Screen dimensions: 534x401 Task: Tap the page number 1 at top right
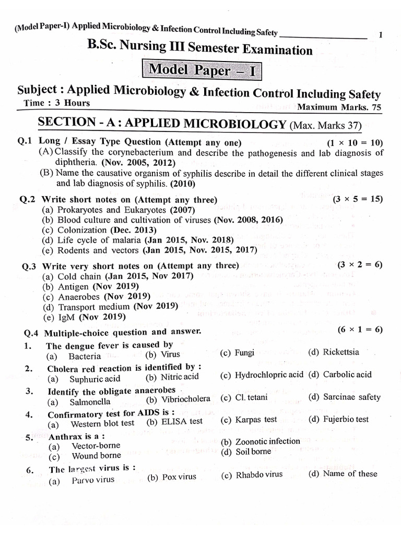point(381,35)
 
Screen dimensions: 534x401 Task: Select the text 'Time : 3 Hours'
point(57,103)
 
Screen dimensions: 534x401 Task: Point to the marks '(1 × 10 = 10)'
point(355,143)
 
